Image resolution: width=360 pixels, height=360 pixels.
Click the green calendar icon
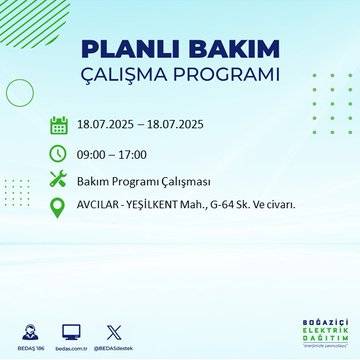coord(59,125)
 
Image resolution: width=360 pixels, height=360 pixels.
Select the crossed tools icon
coord(59,180)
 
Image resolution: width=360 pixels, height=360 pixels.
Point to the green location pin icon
coord(59,207)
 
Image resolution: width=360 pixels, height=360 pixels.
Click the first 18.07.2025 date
coord(109,125)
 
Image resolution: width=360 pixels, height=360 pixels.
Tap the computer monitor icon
coord(71,328)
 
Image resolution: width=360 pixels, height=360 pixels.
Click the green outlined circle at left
coord(20,92)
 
